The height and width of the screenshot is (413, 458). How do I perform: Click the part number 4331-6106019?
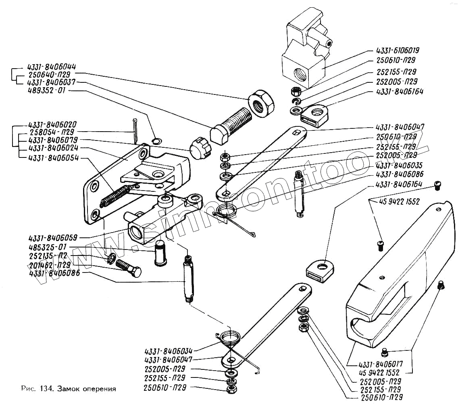(x=397, y=51)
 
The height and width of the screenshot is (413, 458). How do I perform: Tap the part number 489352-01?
(x=46, y=91)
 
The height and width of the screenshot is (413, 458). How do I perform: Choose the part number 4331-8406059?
(x=52, y=237)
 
